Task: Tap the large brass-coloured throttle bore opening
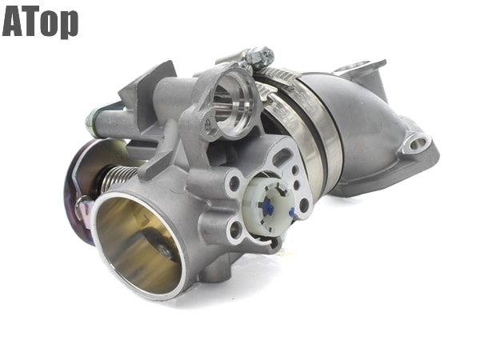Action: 138,244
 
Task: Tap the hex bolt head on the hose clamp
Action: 258,57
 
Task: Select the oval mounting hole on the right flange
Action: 417,143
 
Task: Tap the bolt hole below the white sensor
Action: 235,232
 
